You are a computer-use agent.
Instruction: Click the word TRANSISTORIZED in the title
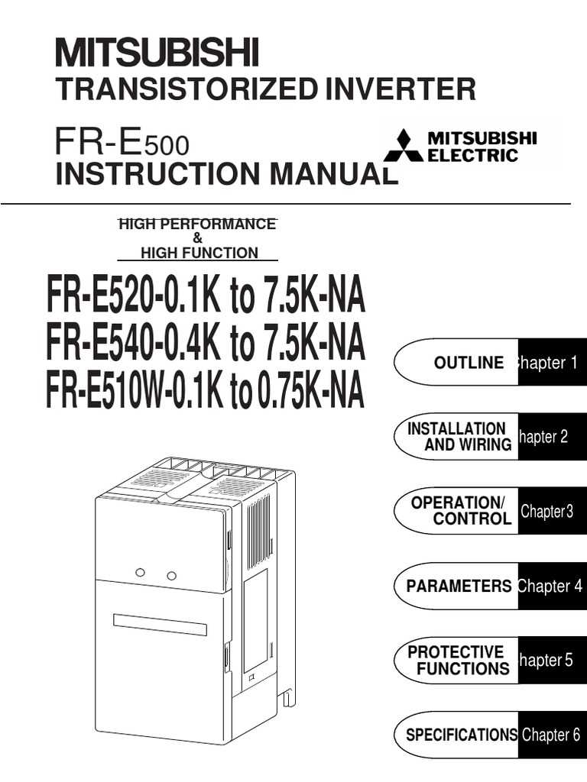pyautogui.click(x=186, y=89)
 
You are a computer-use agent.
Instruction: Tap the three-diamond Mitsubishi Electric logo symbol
pyautogui.click(x=404, y=145)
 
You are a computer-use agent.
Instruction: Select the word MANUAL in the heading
pyautogui.click(x=333, y=173)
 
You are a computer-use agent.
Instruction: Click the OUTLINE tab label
pyautogui.click(x=469, y=363)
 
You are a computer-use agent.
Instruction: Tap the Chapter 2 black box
pyautogui.click(x=552, y=436)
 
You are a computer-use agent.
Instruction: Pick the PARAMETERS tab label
pyautogui.click(x=459, y=586)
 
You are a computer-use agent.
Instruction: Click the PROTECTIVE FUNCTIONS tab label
pyautogui.click(x=459, y=660)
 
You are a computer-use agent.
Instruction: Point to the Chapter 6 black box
pyautogui.click(x=552, y=735)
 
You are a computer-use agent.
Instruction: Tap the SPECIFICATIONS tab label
pyautogui.click(x=462, y=734)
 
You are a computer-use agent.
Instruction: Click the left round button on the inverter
pyautogui.click(x=141, y=572)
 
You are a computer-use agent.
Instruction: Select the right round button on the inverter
pyautogui.click(x=171, y=576)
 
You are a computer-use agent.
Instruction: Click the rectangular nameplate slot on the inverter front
pyautogui.click(x=160, y=625)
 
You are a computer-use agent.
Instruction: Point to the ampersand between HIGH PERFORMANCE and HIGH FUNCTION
pyautogui.click(x=198, y=238)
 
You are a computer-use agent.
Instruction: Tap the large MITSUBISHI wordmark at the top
pyautogui.click(x=157, y=53)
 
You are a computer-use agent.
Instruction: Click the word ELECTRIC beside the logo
pyautogui.click(x=472, y=155)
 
